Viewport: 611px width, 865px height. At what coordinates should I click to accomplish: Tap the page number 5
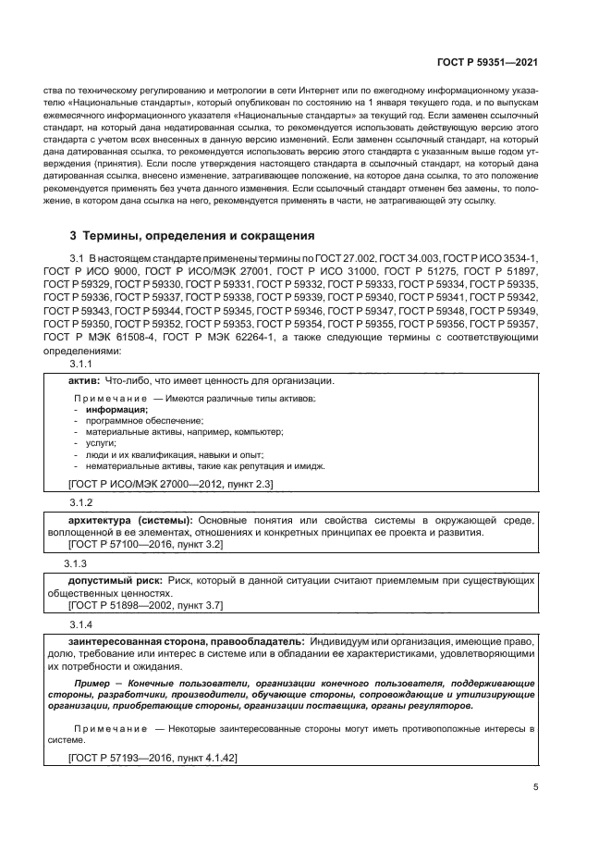[x=536, y=787]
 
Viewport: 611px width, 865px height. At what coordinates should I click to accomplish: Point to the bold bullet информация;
[x=116, y=409]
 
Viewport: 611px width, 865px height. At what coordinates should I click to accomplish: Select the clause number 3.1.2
[x=82, y=502]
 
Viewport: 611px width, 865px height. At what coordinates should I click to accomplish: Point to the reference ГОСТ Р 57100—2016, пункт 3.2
[x=146, y=547]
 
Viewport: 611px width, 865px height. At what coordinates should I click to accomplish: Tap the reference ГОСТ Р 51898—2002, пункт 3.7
[x=146, y=605]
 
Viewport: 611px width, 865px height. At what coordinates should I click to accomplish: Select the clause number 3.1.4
[x=82, y=624]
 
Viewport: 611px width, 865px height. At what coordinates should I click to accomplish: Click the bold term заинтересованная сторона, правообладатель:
[x=175, y=641]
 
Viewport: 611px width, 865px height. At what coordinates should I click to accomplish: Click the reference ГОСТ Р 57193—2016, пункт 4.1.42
[x=153, y=758]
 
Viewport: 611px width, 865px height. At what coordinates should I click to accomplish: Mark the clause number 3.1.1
[x=82, y=365]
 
